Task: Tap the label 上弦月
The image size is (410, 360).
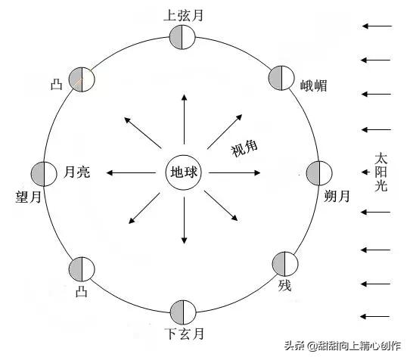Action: [x=184, y=15]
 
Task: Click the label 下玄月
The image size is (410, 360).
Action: [x=185, y=334]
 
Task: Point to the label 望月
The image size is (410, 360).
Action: [x=29, y=197]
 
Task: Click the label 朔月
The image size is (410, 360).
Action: [x=337, y=196]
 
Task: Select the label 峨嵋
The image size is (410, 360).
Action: [x=313, y=85]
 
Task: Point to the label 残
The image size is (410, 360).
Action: [x=284, y=285]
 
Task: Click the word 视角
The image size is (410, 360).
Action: [x=244, y=148]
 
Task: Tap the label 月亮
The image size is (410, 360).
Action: [x=77, y=172]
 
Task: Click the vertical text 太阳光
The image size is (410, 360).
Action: [x=380, y=172]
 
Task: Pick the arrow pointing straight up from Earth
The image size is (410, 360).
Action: [x=185, y=119]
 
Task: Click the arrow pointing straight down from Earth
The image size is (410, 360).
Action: [x=185, y=220]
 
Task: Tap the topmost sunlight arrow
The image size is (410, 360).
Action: [x=377, y=26]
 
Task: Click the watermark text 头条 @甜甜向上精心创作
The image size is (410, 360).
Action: [x=343, y=346]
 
